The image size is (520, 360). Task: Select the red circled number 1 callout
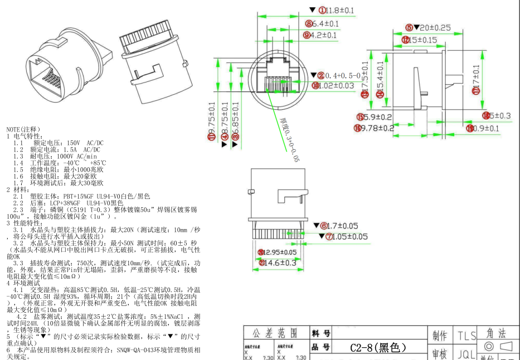pos(322,11)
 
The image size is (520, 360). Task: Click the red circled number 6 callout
pos(324,226)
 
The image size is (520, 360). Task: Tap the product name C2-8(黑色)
pos(378,348)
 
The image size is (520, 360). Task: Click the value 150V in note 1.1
pos(71,143)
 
